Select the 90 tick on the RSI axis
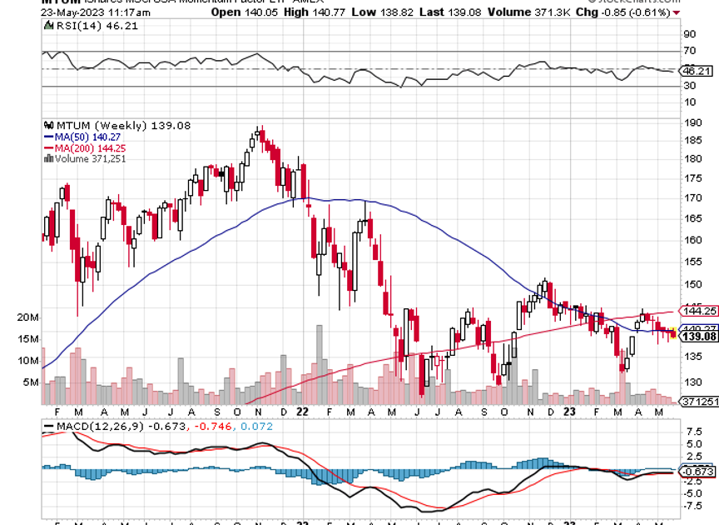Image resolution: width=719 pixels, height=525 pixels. click(689, 34)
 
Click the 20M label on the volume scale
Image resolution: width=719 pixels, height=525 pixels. click(28, 317)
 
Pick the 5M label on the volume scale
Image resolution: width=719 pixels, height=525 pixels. click(31, 382)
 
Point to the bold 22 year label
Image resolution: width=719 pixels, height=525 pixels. click(302, 412)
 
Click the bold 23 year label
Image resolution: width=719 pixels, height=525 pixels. click(568, 412)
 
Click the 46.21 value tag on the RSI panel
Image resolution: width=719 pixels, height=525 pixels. click(697, 72)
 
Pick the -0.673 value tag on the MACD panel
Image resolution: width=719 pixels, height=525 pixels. click(697, 472)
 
